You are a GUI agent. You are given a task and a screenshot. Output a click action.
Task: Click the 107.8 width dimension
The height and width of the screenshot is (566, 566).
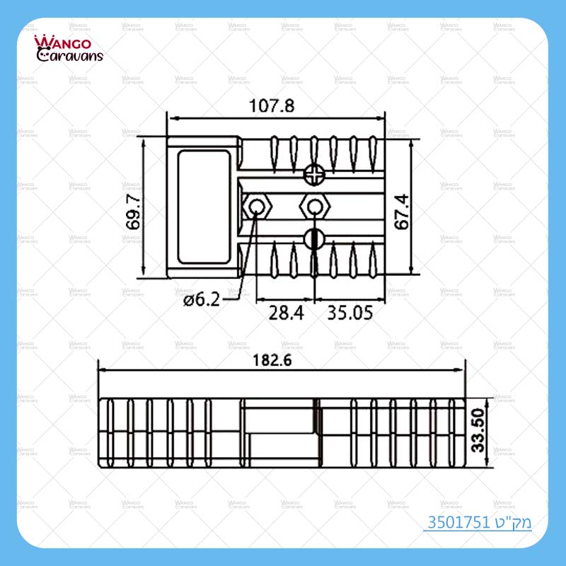coord(272,106)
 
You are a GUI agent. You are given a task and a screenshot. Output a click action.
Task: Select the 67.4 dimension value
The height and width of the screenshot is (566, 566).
coord(403,211)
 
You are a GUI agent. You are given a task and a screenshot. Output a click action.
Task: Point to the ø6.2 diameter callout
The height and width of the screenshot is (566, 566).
coord(201,299)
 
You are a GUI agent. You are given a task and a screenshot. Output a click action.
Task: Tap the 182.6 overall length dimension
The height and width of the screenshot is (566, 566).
coord(282,359)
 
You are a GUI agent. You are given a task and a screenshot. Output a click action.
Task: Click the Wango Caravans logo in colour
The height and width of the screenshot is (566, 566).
coord(69,49)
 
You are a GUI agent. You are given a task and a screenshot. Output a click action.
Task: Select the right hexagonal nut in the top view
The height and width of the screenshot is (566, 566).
coord(313,207)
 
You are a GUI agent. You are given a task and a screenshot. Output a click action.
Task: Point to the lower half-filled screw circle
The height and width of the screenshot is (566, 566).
coord(313,238)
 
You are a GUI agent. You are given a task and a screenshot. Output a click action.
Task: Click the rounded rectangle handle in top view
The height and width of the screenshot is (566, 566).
coord(204,207)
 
